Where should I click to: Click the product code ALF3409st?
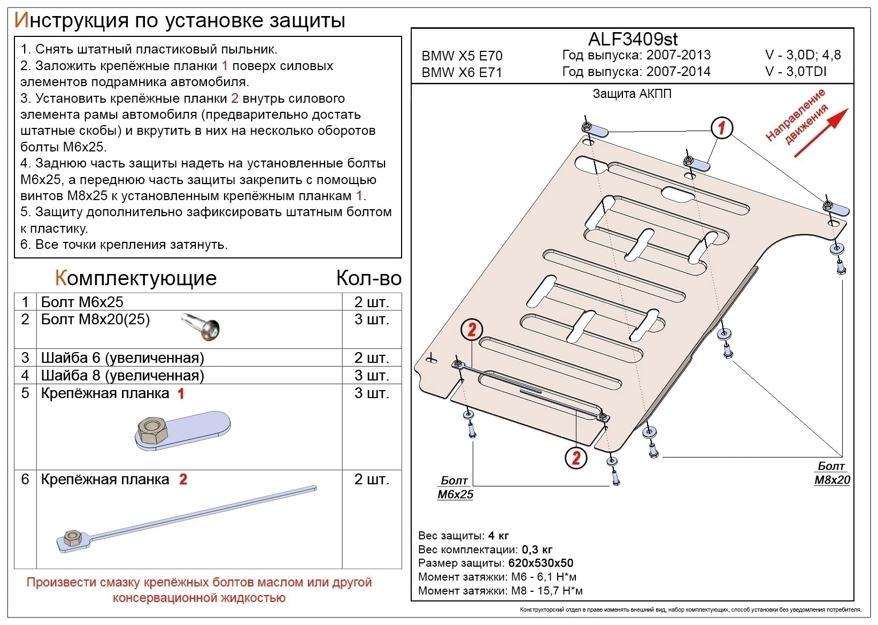tap(633, 39)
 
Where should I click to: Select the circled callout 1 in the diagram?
tap(721, 128)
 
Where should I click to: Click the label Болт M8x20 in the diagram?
tap(831, 473)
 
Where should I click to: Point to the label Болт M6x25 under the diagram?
tap(455, 487)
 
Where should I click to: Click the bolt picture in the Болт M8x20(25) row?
tap(202, 327)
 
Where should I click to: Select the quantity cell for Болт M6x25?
tap(371, 302)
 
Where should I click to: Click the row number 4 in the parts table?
tap(25, 375)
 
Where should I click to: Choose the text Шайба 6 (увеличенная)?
tap(122, 357)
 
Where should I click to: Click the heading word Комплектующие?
tap(136, 278)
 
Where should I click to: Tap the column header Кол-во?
tap(368, 278)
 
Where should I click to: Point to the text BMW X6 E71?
tap(462, 72)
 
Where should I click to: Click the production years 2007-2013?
tap(679, 55)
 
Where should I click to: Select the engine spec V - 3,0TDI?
tap(796, 71)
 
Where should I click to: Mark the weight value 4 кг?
tap(498, 536)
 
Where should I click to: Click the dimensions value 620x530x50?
tap(541, 563)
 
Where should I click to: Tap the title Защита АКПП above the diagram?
tap(632, 94)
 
